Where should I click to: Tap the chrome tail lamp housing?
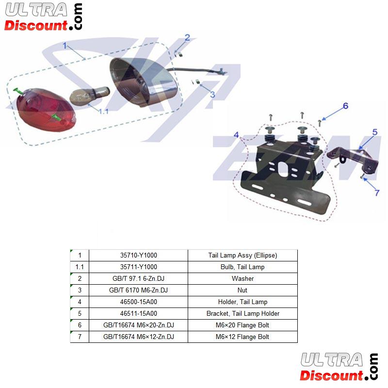tap(143, 82)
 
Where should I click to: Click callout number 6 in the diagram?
tap(345, 106)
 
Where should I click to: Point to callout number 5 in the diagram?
tap(375, 132)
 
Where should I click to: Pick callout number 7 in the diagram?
tap(377, 193)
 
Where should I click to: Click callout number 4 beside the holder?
tap(236, 135)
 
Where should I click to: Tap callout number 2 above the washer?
tap(187, 38)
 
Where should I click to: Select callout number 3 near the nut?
tap(212, 95)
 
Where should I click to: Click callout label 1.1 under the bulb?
tap(104, 112)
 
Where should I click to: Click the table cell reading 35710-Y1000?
tap(139, 255)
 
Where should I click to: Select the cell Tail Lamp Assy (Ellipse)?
tap(242, 255)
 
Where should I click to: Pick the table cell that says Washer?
tap(242, 278)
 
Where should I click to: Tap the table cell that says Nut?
tap(242, 290)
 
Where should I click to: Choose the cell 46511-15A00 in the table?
tap(139, 313)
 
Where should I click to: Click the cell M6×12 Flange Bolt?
tap(242, 337)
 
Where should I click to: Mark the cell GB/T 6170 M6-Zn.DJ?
tap(139, 290)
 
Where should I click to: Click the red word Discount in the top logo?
tap(36, 26)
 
